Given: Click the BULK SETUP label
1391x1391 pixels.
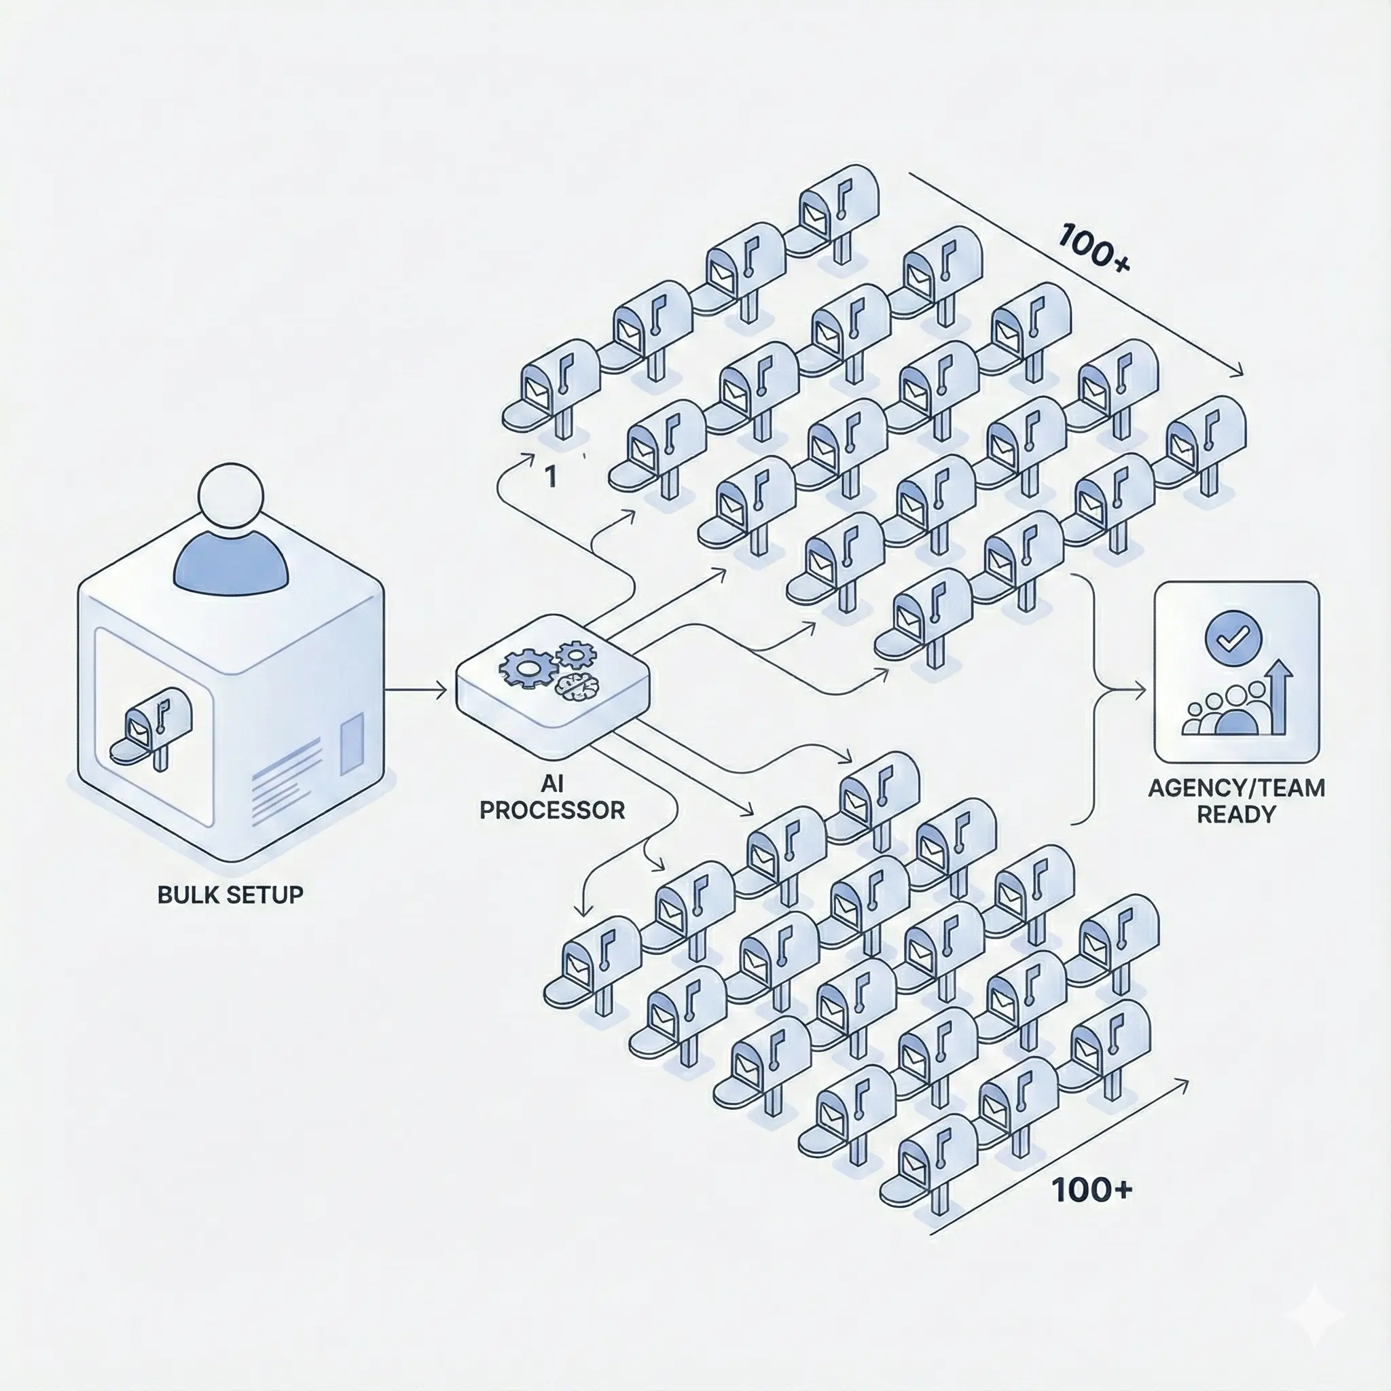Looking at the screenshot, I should pos(230,895).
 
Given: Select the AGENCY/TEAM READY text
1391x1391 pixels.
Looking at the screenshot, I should pos(1236,801).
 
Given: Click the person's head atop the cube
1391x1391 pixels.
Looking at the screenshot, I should pos(230,496).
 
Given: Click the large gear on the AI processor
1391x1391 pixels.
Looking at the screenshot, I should pos(528,668).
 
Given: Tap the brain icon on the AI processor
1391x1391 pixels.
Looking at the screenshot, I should pos(577,685).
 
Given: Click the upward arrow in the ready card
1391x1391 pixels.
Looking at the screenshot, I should pos(1280,695).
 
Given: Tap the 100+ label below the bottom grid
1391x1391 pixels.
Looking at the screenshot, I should pos(1091,1190).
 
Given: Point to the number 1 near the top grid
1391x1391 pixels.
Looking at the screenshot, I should pos(551,477).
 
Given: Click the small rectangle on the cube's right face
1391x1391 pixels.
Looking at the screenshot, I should pos(351,744).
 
